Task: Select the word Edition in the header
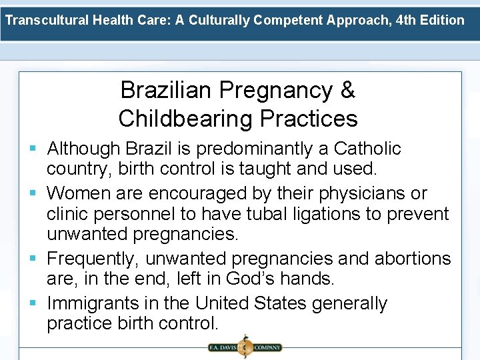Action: (x=444, y=20)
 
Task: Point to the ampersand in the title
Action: (x=347, y=90)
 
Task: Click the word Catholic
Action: (x=367, y=148)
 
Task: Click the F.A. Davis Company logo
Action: (x=245, y=347)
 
